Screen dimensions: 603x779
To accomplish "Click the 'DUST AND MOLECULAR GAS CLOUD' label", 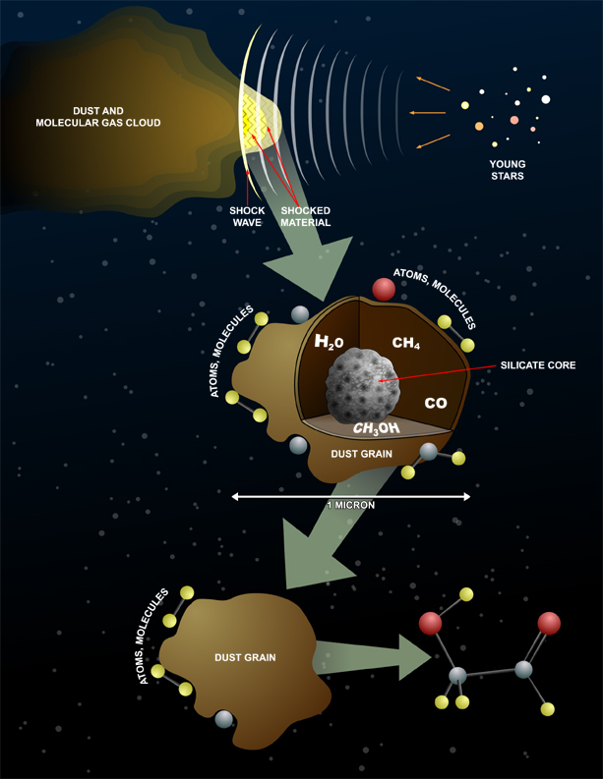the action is [x=98, y=117].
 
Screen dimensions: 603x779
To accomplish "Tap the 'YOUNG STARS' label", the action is [x=508, y=170].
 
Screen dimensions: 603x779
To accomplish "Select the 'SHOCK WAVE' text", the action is [x=247, y=217].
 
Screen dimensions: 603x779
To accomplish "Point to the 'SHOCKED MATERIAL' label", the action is [x=306, y=217].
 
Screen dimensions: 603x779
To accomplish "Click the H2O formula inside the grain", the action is [x=330, y=342].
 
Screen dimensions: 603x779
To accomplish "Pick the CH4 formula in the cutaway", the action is [x=406, y=343].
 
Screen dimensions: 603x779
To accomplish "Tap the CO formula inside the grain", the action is [x=436, y=403].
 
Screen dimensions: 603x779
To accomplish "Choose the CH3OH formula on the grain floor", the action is [x=376, y=428].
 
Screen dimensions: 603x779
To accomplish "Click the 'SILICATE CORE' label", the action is [x=538, y=365].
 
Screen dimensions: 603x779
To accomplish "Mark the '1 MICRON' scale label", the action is [x=351, y=505].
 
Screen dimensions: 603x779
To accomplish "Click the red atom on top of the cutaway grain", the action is [x=384, y=289].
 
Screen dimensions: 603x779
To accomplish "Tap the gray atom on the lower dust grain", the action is [x=224, y=719].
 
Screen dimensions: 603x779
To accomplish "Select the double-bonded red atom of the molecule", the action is [x=549, y=623].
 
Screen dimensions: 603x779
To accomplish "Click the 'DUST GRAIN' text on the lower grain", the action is [x=245, y=658].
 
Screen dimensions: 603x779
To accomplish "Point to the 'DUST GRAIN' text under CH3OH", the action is [x=361, y=454].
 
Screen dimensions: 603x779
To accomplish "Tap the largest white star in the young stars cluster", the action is [x=546, y=99].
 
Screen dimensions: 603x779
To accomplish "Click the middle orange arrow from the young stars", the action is [x=427, y=113].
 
